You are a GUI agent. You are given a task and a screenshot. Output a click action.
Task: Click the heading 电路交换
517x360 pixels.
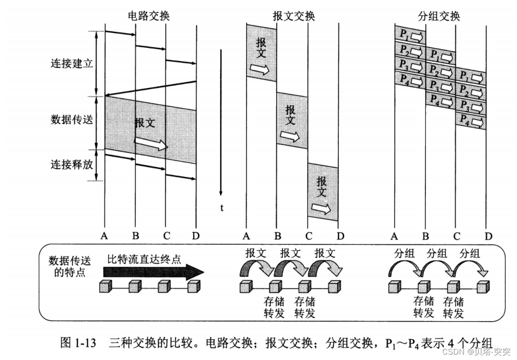coord(148,17)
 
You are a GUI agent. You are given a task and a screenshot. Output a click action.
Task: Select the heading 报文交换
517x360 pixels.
coord(294,17)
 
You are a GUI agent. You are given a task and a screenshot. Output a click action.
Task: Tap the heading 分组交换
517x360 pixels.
coord(438,17)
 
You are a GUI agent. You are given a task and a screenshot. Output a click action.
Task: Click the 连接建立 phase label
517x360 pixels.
coord(71,63)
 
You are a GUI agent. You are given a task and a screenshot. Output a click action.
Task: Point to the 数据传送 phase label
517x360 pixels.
coord(71,120)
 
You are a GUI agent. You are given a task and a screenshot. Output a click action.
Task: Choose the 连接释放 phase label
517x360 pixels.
coord(71,164)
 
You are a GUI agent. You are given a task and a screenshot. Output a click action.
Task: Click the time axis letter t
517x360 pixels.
coord(221,207)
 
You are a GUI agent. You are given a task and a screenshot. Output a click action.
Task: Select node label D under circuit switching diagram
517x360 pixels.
coord(196,235)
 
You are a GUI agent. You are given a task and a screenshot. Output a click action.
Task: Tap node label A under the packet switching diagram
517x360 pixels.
coord(394,235)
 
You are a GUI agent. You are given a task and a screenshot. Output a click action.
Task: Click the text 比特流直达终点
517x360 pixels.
coord(144,260)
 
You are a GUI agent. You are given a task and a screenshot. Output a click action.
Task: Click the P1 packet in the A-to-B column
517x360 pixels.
coord(409,35)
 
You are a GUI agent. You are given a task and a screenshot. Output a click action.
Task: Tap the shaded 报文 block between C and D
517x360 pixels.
coord(322,193)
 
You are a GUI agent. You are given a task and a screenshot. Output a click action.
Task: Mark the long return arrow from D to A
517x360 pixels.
coord(150,89)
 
